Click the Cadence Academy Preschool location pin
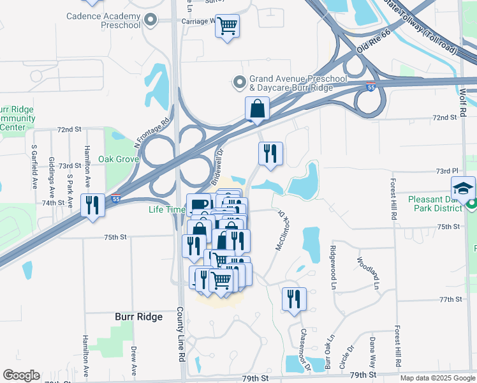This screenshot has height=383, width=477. click(x=150, y=20)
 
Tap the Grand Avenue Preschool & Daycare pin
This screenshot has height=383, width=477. click(x=240, y=82)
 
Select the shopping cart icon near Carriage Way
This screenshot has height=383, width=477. click(x=227, y=26)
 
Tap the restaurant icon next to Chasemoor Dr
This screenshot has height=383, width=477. click(x=294, y=299)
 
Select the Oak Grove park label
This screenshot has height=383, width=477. click(x=118, y=159)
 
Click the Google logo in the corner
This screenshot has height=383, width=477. click(x=21, y=375)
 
